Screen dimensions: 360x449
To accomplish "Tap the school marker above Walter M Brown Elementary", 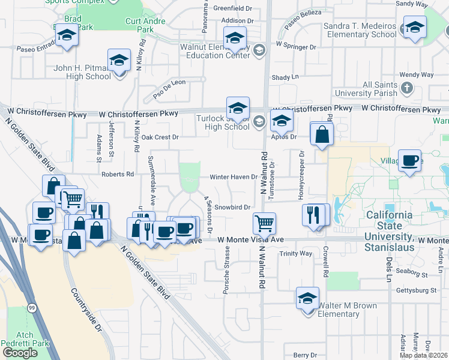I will coord(307,298).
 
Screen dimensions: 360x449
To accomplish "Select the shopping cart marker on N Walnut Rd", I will coord(264,224).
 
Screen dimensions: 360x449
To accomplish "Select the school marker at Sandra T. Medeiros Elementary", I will coord(415,27).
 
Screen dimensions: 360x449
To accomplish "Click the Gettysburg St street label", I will coord(416,290).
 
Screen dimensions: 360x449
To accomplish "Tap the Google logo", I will coord(20,352).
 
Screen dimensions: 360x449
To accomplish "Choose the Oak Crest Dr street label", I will coord(160,137).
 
